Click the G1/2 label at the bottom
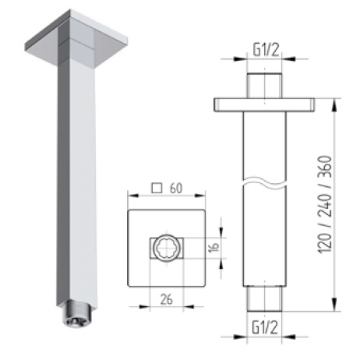point(266,326)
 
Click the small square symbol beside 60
point(157,188)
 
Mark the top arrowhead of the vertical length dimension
point(336,101)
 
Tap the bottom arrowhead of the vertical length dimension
point(336,307)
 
